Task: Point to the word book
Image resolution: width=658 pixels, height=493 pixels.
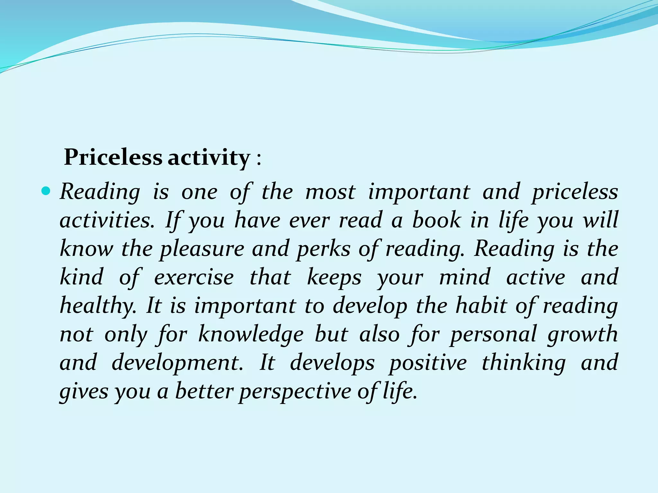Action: [x=436, y=220]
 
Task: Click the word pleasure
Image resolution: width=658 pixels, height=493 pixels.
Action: [x=202, y=249]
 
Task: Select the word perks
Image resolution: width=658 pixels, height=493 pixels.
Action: [x=323, y=249]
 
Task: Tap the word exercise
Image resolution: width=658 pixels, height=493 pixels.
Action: [x=194, y=277]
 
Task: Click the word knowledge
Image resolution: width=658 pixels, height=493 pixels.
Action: [x=251, y=334]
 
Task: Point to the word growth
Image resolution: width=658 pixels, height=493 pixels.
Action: [x=582, y=334]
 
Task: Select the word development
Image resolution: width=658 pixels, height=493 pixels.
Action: [x=177, y=363]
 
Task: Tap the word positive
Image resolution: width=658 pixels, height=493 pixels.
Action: [x=428, y=363]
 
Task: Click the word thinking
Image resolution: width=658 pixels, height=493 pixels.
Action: [x=523, y=363]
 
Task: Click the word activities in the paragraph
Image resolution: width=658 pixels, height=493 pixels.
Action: [x=107, y=221]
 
